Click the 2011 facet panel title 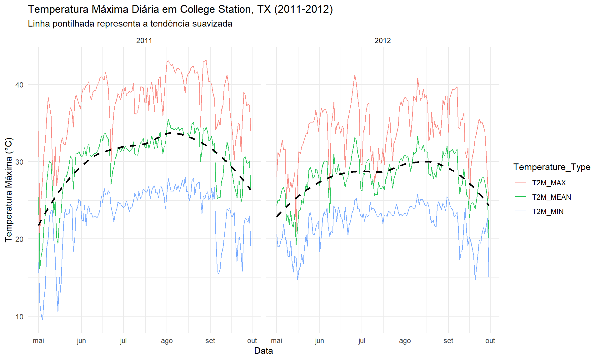[x=144, y=41]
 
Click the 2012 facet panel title [x=382, y=41]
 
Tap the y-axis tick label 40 [x=19, y=85]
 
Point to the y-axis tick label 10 [x=19, y=317]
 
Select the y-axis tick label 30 [x=19, y=162]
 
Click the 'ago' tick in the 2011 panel [x=167, y=341]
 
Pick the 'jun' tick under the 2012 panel [x=319, y=341]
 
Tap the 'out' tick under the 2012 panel [x=490, y=341]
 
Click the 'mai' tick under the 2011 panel [x=38, y=341]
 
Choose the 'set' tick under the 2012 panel [x=448, y=341]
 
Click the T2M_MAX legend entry [x=549, y=183]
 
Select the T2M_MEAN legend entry [x=551, y=197]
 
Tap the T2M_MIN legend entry [x=547, y=212]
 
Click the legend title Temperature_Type [x=552, y=167]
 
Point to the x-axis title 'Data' [x=263, y=351]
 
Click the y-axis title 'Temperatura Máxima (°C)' [x=9, y=190]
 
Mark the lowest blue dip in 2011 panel [x=42, y=320]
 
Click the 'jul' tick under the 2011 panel [x=123, y=341]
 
